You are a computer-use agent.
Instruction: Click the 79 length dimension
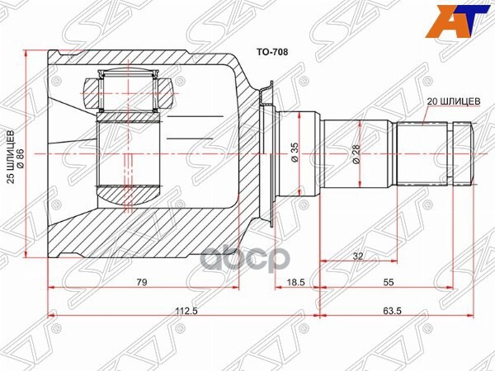[x=142, y=283]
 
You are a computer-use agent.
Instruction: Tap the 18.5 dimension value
[x=295, y=283]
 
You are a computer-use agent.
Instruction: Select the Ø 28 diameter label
[x=356, y=154]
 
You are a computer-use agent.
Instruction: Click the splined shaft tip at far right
[x=461, y=153]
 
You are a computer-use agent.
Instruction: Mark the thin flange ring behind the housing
[x=266, y=153]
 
